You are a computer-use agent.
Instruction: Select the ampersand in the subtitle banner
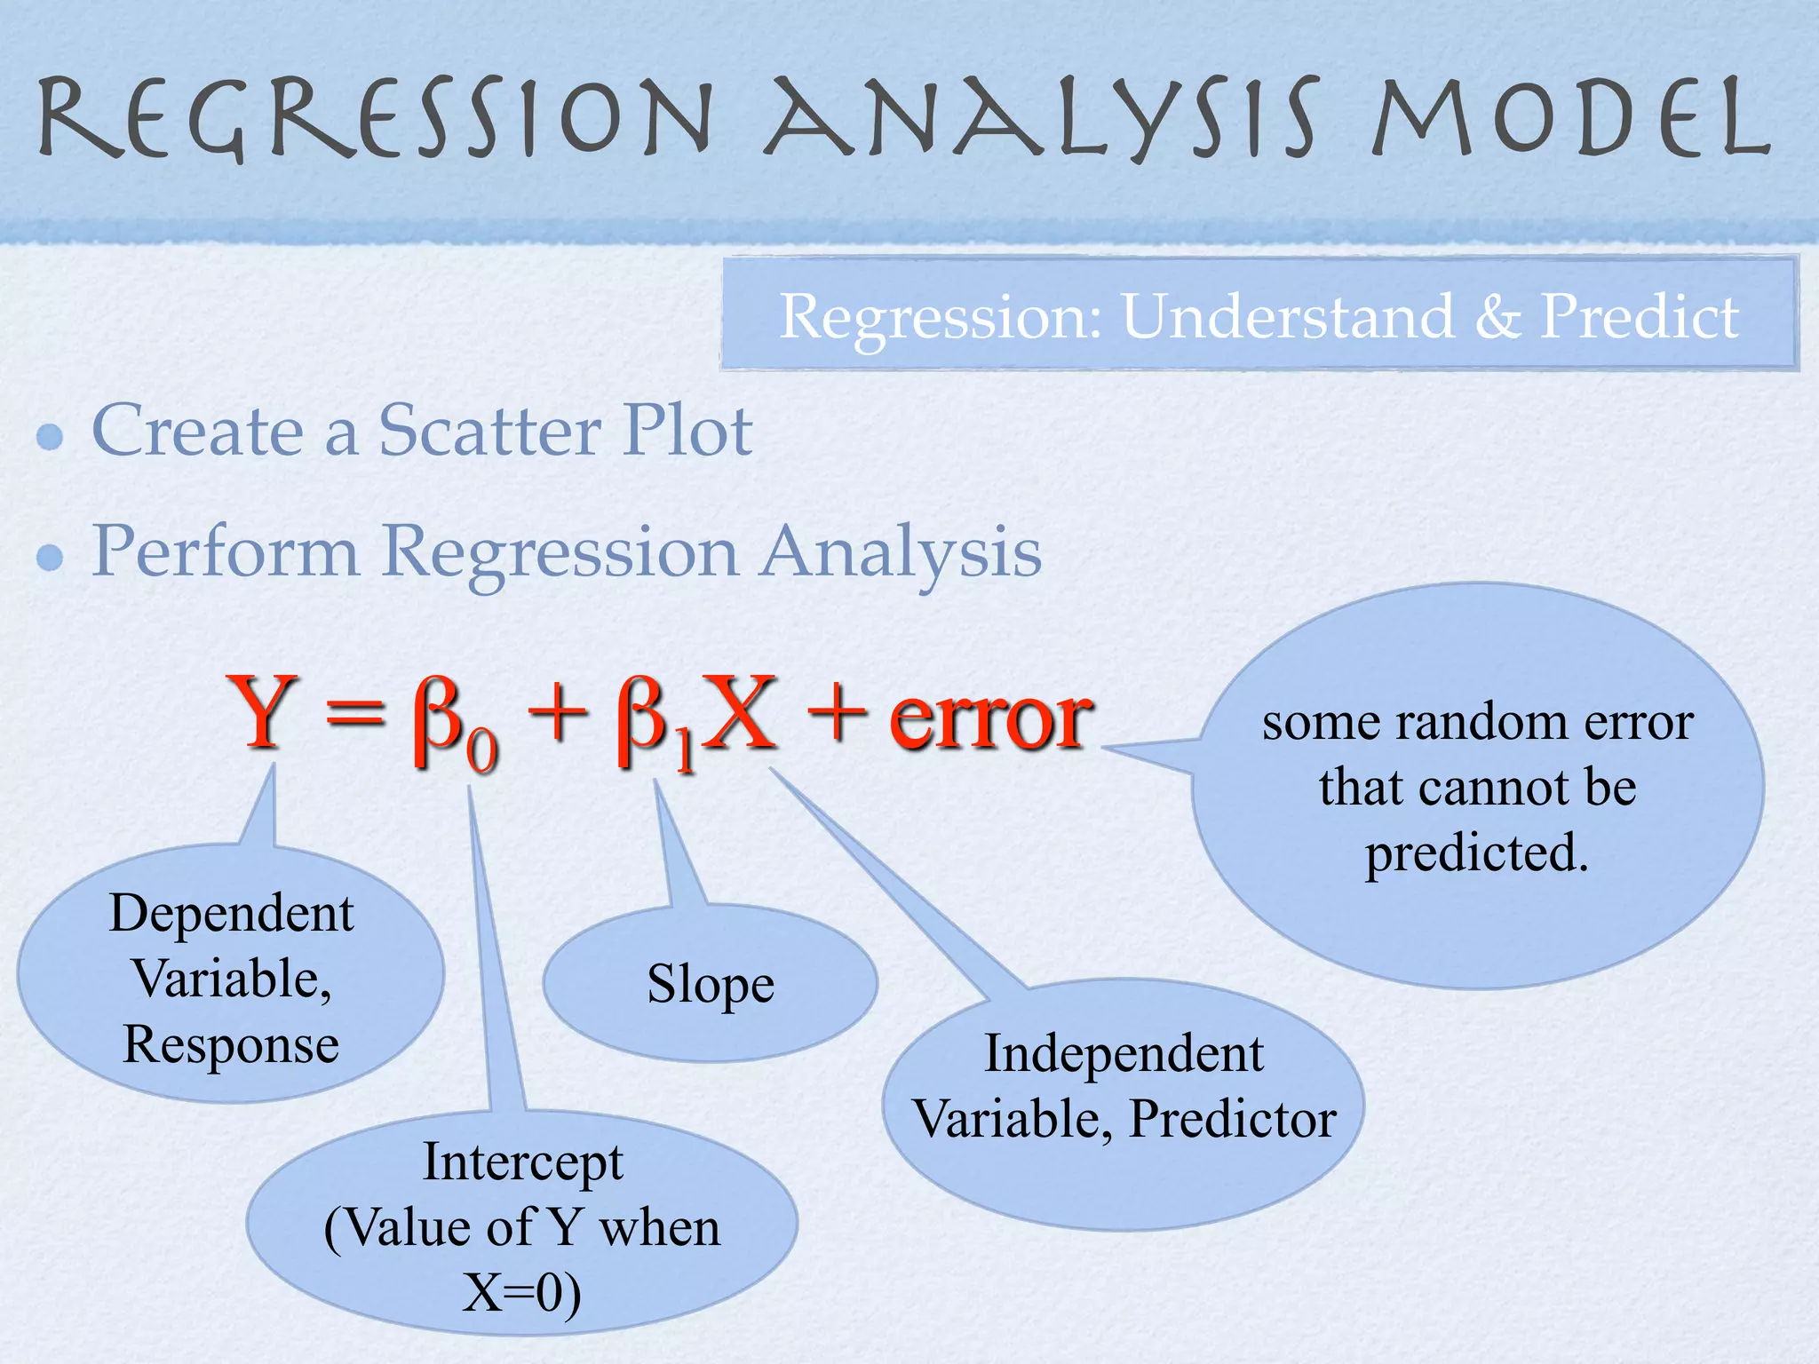click(1497, 316)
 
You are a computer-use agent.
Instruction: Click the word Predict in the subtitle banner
click(1639, 316)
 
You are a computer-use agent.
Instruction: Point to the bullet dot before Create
click(51, 437)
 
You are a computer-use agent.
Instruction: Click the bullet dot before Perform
click(51, 558)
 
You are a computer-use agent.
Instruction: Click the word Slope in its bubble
click(711, 984)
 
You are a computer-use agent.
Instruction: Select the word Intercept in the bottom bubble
click(523, 1163)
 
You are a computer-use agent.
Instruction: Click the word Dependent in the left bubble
click(232, 914)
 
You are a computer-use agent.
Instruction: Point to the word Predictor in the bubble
click(1232, 1119)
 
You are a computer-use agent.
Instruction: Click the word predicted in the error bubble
click(1476, 853)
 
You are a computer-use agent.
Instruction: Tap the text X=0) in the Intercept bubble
click(522, 1293)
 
